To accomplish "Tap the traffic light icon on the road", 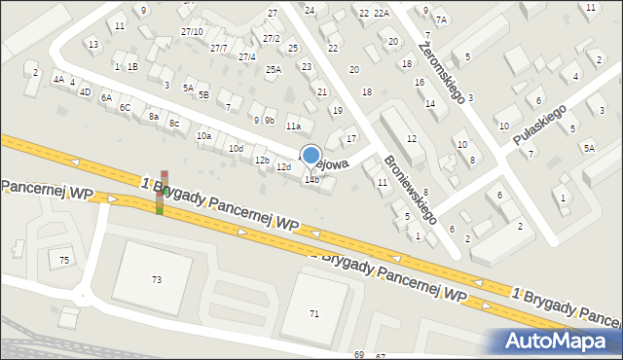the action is [x=163, y=193].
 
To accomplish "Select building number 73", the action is [x=157, y=279].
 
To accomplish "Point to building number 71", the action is [x=314, y=313].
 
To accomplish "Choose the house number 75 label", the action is [x=64, y=260].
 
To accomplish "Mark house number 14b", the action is [x=311, y=179].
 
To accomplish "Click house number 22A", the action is [x=381, y=13].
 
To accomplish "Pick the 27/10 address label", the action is [x=192, y=32].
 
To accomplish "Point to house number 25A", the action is [x=274, y=69].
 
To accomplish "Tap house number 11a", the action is [x=293, y=126].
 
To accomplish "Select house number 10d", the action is [x=236, y=148].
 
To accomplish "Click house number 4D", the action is [x=85, y=92].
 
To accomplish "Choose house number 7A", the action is [x=441, y=19].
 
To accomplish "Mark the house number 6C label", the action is [x=125, y=107].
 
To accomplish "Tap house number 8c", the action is [x=174, y=124].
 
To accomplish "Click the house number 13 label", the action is [x=92, y=45].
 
